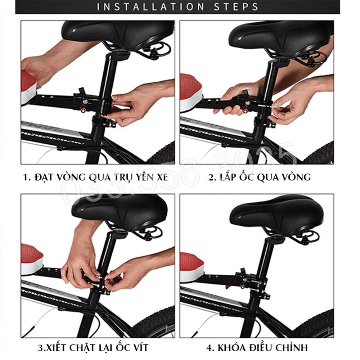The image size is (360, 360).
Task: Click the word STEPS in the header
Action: [x=236, y=6]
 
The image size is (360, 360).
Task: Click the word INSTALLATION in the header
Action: [x=150, y=6]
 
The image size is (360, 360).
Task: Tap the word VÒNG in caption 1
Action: [x=71, y=177]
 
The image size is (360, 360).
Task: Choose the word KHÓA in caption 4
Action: [x=231, y=348]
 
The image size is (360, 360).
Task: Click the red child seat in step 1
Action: [x=29, y=87]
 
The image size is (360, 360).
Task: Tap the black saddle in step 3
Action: [x=120, y=211]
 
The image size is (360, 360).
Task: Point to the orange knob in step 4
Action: [x=243, y=286]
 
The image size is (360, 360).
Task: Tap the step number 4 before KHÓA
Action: [x=210, y=348]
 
